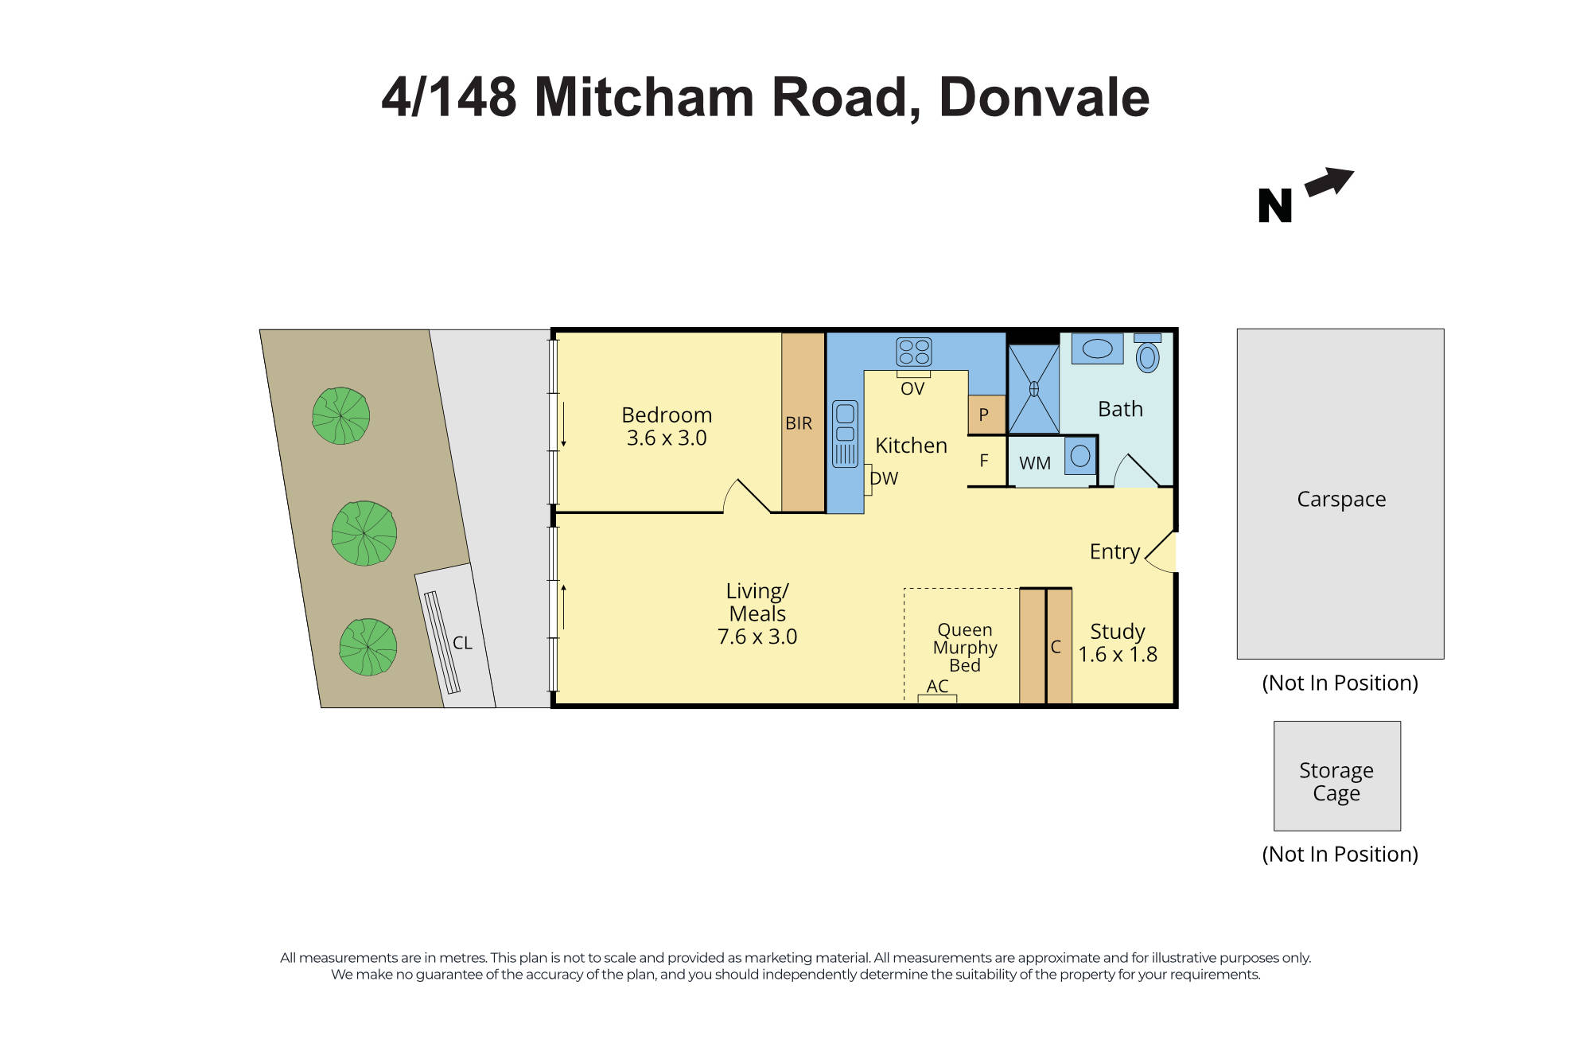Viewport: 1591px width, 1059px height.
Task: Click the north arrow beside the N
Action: coord(1328,182)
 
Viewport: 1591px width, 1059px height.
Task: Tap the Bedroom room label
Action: coord(667,415)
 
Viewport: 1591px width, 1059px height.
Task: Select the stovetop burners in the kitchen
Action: coord(913,352)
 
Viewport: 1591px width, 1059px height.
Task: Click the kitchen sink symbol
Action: coord(845,434)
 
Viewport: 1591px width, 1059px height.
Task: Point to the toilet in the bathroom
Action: coord(1147,355)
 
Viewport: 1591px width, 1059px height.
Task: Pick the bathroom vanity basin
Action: coord(1097,348)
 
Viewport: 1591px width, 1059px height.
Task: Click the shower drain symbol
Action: coord(1033,389)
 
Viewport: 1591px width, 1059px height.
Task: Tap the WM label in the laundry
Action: coord(1034,463)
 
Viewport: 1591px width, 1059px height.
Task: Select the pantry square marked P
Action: coord(985,415)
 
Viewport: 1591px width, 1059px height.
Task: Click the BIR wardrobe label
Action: coord(799,423)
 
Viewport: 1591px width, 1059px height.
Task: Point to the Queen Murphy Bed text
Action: coord(964,648)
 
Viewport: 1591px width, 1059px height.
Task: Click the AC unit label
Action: coord(937,686)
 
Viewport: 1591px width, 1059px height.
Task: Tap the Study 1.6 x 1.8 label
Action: coord(1117,643)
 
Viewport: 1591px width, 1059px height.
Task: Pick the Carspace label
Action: coord(1340,499)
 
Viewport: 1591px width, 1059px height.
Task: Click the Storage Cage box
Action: coord(1336,776)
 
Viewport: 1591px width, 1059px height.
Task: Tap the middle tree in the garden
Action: coord(364,533)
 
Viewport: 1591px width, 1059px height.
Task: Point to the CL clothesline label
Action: coord(462,643)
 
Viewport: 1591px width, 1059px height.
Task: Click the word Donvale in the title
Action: coord(1044,97)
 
